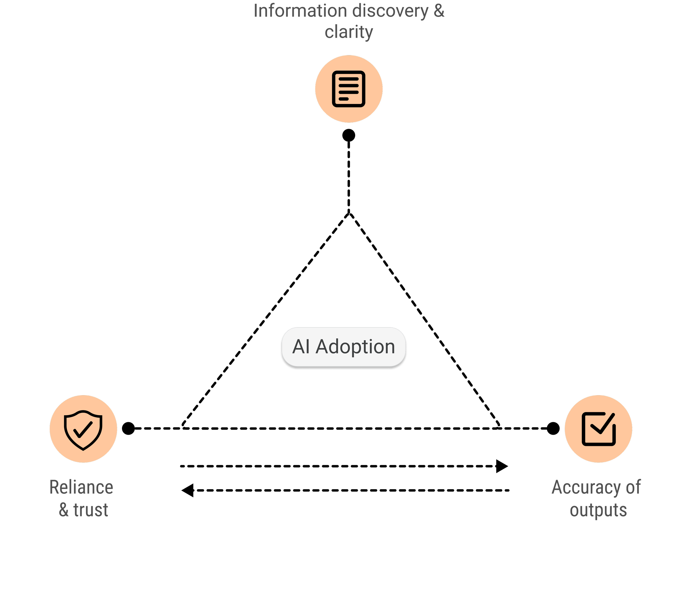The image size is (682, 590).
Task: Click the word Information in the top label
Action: pos(300,11)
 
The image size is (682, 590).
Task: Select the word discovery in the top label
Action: pos(390,11)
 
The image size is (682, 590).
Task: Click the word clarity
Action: pos(349,32)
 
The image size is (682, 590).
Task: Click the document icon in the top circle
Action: pos(349,89)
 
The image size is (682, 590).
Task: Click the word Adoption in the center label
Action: pos(355,347)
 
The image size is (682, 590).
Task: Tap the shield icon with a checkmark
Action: pos(83,429)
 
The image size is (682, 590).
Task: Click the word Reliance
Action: pos(81,487)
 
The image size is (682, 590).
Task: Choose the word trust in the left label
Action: pos(91,510)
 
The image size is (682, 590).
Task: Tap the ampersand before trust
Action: pos(64,510)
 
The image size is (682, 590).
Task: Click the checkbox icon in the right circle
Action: pos(599,429)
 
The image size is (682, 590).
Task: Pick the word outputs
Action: pos(599,510)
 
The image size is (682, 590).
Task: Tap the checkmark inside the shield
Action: pos(83,429)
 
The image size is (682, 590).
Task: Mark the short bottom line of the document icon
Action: pos(344,99)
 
